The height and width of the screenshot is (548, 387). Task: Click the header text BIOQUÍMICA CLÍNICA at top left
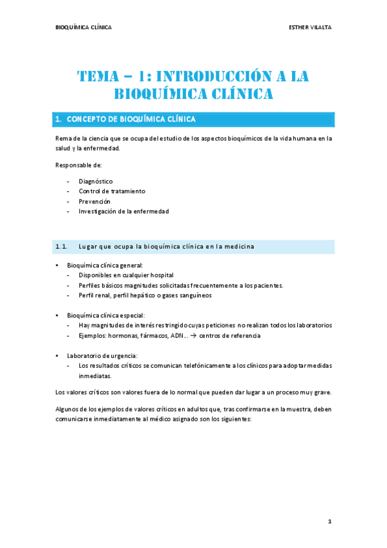click(83, 27)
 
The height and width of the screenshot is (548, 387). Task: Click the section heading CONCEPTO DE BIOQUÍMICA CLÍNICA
click(127, 120)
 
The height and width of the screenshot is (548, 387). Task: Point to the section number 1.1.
click(62, 246)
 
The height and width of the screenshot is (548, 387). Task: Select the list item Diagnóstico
click(96, 181)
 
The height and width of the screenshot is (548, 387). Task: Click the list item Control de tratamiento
click(112, 191)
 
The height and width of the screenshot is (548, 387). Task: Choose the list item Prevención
click(94, 201)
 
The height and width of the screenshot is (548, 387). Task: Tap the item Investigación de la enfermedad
click(123, 211)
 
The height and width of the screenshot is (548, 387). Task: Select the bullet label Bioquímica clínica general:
click(105, 265)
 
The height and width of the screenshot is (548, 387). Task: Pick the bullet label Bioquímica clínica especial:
click(107, 315)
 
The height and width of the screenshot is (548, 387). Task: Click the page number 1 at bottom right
click(329, 521)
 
